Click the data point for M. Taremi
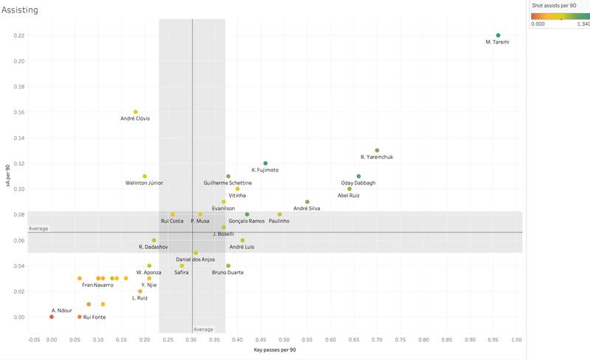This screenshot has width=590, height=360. tap(498, 35)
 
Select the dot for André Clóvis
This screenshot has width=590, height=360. tap(135, 112)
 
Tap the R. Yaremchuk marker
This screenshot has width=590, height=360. tap(377, 150)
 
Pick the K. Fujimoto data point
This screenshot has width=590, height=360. tap(265, 163)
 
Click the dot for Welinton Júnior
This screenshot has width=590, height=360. tap(145, 176)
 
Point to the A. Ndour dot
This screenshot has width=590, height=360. tap(52, 317)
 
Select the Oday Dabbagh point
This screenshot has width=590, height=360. tap(358, 176)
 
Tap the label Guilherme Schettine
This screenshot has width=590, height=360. tap(228, 183)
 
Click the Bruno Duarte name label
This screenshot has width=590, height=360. tap(228, 272)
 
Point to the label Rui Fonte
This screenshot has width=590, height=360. tap(93, 317)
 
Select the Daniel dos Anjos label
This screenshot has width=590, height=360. tap(195, 260)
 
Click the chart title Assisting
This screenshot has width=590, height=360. tap(20, 10)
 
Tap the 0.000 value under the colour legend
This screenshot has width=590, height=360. tap(538, 24)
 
